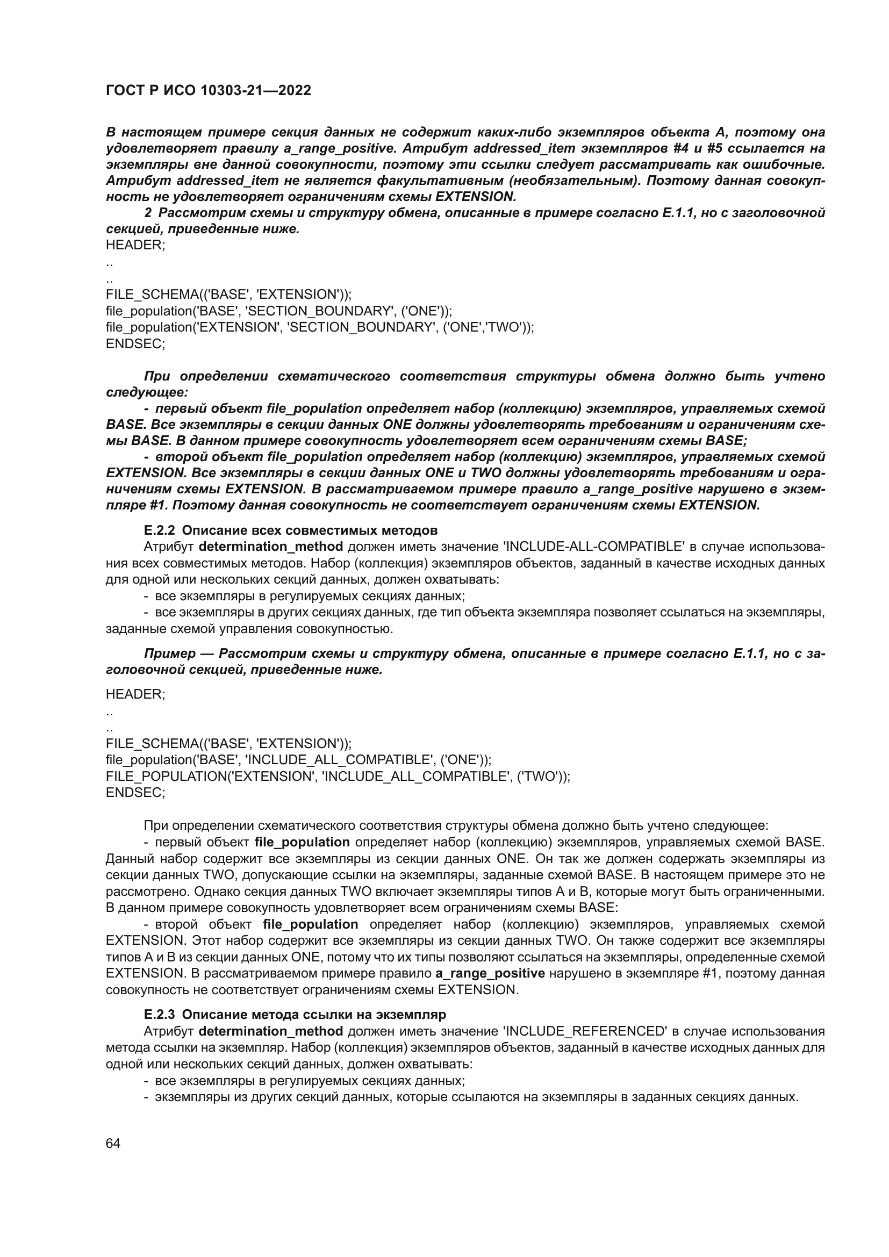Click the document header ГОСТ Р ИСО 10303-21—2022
[208, 90]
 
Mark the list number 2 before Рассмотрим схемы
[148, 213]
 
